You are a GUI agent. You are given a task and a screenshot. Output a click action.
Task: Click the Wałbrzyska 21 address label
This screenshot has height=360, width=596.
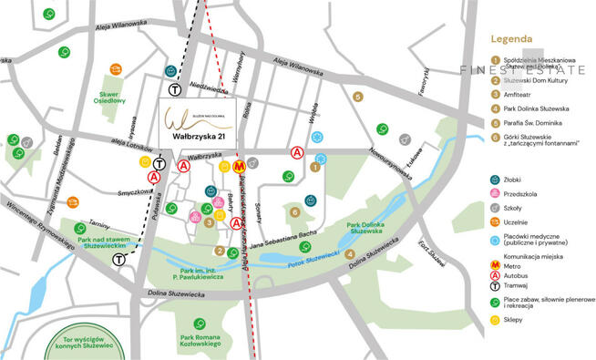click(199, 138)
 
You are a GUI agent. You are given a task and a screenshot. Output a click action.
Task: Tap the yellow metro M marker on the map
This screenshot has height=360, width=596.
click(239, 167)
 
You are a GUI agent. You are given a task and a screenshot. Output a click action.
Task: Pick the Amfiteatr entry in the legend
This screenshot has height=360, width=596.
click(521, 93)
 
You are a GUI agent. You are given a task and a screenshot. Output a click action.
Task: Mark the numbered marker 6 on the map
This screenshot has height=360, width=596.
click(294, 212)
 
